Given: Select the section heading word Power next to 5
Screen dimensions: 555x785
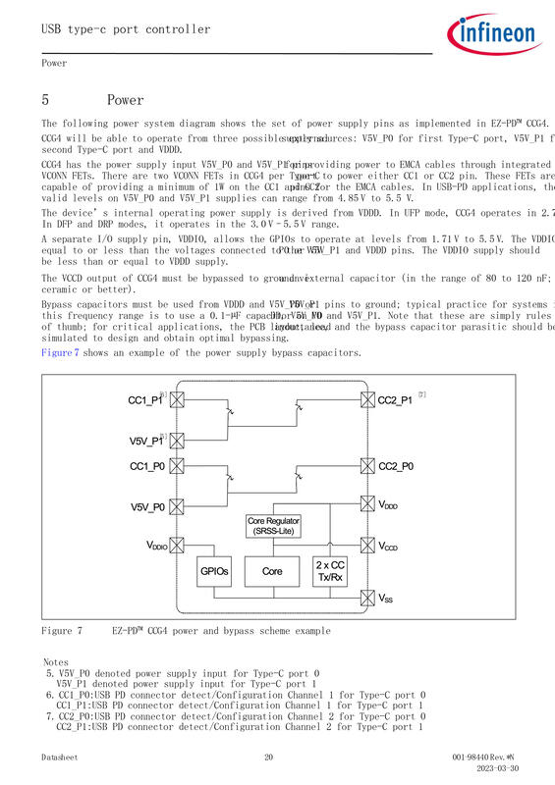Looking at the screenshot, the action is tap(125, 100).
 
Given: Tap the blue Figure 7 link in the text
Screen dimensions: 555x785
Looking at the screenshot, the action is tap(60, 353).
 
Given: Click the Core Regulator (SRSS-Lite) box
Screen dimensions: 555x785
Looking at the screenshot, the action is tap(274, 526).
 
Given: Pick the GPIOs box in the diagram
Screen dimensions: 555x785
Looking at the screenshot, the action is tap(215, 570).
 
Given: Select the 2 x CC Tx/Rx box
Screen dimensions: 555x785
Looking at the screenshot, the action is tap(329, 570).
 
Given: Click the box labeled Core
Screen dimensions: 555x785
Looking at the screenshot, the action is tap(272, 570).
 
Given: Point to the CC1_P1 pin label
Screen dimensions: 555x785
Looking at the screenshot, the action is tap(146, 400).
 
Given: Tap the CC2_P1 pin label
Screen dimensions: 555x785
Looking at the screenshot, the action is tap(396, 400).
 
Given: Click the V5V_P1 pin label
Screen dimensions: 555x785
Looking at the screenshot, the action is tap(146, 441).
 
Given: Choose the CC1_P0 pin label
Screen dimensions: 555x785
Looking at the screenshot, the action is tap(147, 466).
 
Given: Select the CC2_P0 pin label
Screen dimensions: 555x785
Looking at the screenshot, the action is tap(396, 466).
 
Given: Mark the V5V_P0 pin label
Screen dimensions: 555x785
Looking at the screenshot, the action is tap(147, 506).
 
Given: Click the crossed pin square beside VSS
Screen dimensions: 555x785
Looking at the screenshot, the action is tap(368, 596).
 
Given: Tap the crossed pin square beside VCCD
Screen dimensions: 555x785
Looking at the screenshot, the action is tap(368, 546).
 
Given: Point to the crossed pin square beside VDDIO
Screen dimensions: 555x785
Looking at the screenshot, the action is tap(178, 546).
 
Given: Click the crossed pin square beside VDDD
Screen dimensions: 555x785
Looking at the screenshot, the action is tap(368, 505).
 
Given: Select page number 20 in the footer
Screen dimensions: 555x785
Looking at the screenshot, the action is tap(268, 758).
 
